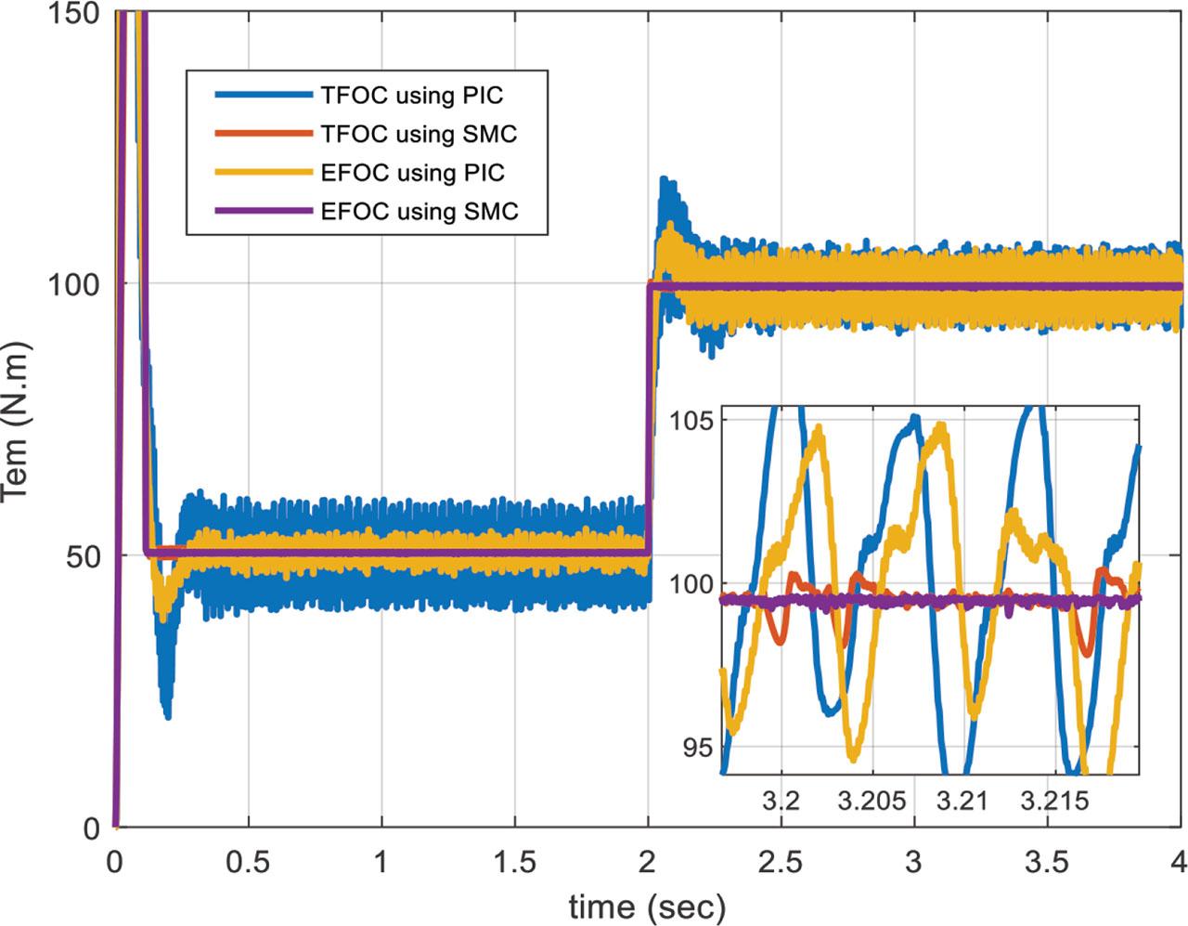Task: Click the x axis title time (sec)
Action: [x=647, y=903]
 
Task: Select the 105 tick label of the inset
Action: [x=691, y=420]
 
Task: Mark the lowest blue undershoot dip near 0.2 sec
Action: [x=167, y=715]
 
